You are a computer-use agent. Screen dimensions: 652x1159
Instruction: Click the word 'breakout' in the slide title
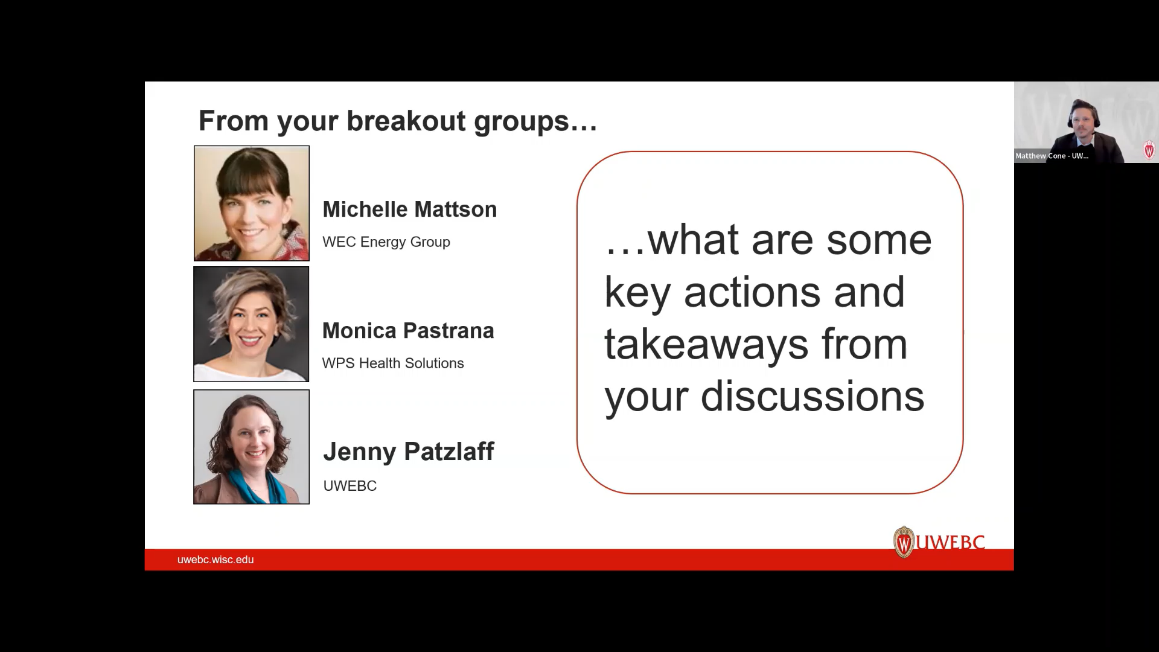[x=406, y=121]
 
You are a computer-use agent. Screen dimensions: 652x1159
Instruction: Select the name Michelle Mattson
[x=409, y=209]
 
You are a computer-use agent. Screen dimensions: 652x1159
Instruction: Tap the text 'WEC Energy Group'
[x=386, y=242]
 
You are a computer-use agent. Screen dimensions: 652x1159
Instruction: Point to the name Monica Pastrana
[x=408, y=331]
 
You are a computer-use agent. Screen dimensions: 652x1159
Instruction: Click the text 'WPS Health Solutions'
[x=392, y=363]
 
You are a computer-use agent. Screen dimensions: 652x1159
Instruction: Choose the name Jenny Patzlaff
[x=408, y=452]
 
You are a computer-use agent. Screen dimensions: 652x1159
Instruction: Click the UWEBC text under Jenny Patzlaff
[x=350, y=486]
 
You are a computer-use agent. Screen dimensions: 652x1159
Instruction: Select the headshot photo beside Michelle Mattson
[x=251, y=203]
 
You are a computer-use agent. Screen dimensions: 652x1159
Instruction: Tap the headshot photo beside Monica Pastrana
[x=251, y=324]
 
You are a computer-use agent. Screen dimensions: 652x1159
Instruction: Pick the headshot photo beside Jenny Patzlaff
[x=251, y=447]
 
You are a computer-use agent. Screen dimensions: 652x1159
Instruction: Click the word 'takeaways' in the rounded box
[x=706, y=345]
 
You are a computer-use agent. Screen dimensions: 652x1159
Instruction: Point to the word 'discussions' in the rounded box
[x=812, y=397]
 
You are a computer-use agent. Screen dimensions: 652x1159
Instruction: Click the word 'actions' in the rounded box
[x=752, y=292]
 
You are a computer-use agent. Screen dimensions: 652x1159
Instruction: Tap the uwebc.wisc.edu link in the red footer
[x=216, y=560]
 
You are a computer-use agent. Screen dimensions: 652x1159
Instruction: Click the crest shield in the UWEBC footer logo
[x=904, y=542]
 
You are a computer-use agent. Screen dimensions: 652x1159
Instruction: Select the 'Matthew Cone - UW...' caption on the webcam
[x=1052, y=156]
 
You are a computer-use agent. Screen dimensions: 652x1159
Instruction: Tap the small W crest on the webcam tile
[x=1149, y=150]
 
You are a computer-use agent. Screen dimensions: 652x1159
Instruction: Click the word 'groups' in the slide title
[x=521, y=122]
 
